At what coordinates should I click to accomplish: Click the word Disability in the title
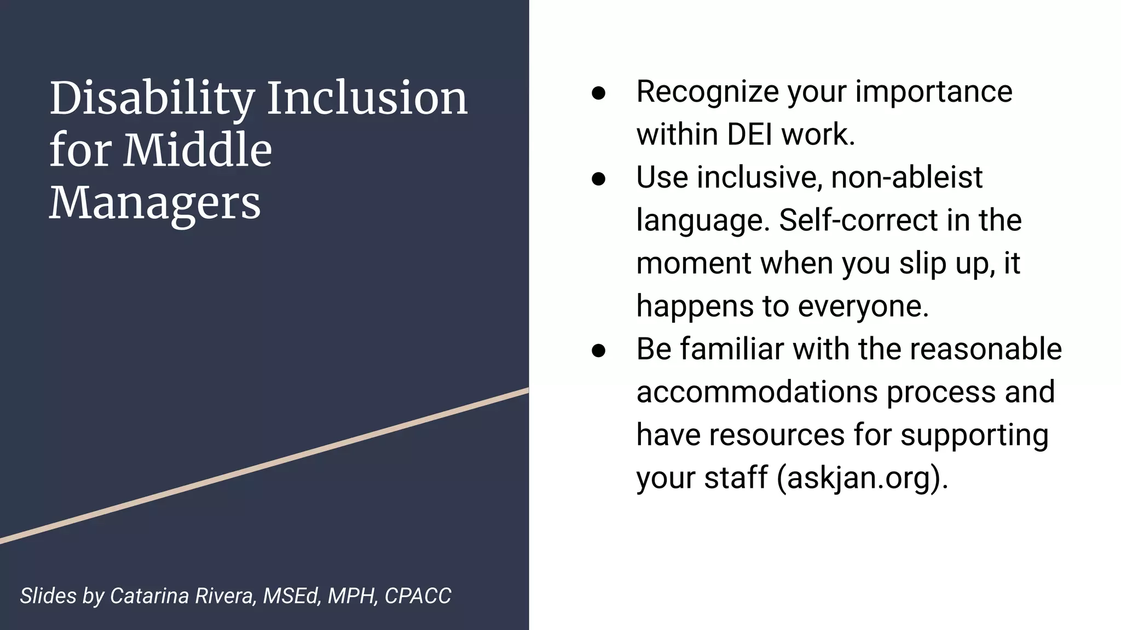tap(152, 99)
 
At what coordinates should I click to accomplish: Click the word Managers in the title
tap(155, 203)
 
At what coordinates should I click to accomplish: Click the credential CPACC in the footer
tap(418, 596)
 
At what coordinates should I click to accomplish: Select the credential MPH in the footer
tap(352, 596)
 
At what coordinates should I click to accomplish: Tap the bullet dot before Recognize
tap(598, 93)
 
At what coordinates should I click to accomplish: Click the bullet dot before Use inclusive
tap(598, 179)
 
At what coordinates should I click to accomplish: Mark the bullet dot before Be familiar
tap(598, 351)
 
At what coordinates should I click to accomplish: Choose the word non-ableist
tap(906, 178)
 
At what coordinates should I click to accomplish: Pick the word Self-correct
tap(858, 220)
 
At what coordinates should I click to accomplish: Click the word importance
tap(934, 92)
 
